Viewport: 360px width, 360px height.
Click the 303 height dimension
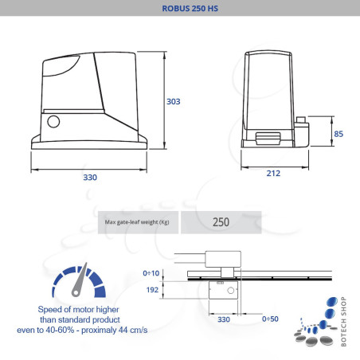(x=174, y=101)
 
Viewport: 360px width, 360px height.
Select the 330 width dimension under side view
(x=90, y=177)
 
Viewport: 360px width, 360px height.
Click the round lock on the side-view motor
(x=53, y=123)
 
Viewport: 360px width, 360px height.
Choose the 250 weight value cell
(x=221, y=221)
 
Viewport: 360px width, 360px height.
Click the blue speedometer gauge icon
(x=77, y=280)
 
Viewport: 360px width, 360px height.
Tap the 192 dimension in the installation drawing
(x=174, y=290)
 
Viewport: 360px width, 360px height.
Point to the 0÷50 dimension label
(x=271, y=319)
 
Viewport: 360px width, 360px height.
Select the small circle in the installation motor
(x=231, y=291)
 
